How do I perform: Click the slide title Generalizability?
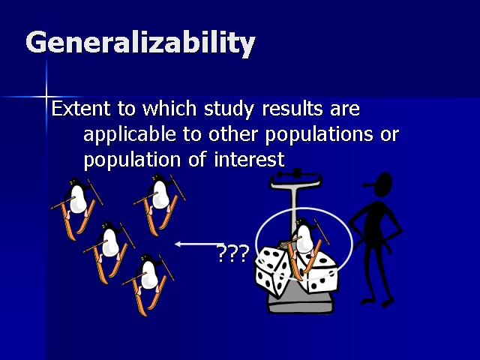pyautogui.click(x=140, y=43)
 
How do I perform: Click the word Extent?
pyautogui.click(x=81, y=108)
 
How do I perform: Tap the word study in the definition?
pyautogui.click(x=229, y=109)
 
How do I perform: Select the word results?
pyautogui.click(x=292, y=108)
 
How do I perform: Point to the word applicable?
pyautogui.click(x=130, y=135)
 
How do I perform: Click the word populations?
pyautogui.click(x=319, y=135)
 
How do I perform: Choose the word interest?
pyautogui.click(x=249, y=160)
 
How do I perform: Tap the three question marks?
pyautogui.click(x=232, y=253)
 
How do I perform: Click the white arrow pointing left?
pyautogui.click(x=199, y=244)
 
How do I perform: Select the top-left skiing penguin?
pyautogui.click(x=76, y=208)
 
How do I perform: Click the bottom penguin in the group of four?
pyautogui.click(x=148, y=285)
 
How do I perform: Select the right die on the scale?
pyautogui.click(x=320, y=271)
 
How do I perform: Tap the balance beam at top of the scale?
pyautogui.click(x=295, y=178)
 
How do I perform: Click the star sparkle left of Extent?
pyautogui.click(x=46, y=97)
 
